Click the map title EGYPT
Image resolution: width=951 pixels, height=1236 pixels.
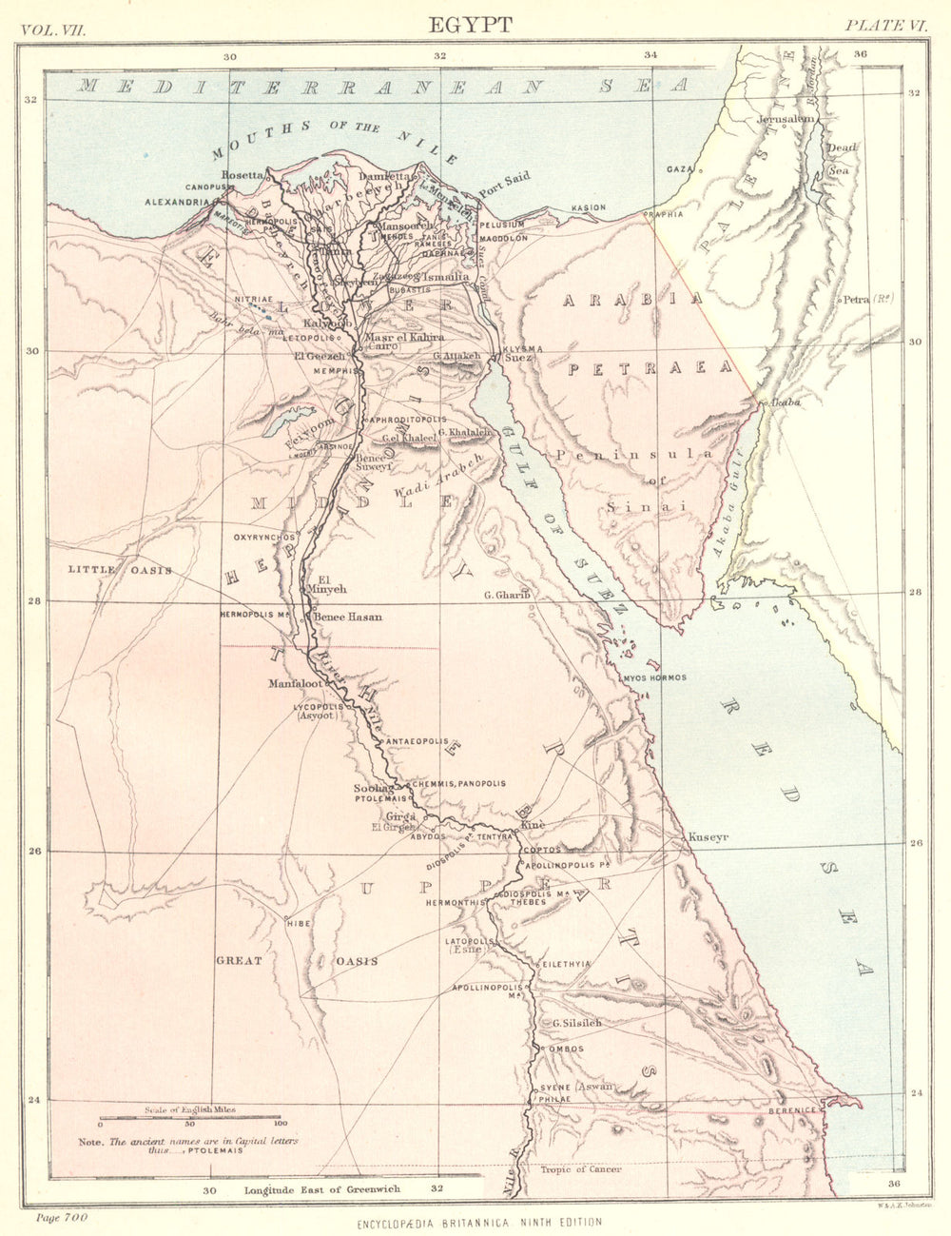pos(470,25)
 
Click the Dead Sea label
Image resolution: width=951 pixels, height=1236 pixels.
pos(841,158)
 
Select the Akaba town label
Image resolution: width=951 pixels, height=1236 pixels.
pos(785,402)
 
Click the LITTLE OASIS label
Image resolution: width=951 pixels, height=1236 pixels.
pos(120,570)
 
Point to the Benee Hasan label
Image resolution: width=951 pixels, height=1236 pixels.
pos(348,617)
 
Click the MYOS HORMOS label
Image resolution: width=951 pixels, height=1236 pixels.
pos(653,677)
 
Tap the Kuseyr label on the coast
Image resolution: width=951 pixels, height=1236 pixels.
pos(708,837)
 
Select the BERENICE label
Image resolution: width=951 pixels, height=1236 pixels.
pos(793,1109)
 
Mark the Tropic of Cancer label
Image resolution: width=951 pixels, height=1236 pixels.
pos(581,1169)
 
